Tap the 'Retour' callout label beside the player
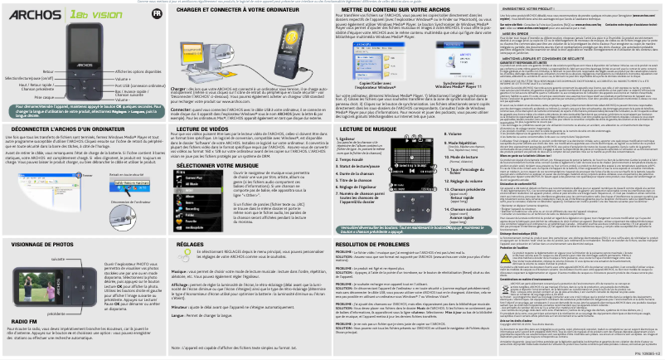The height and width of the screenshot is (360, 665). (x=33, y=72)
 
